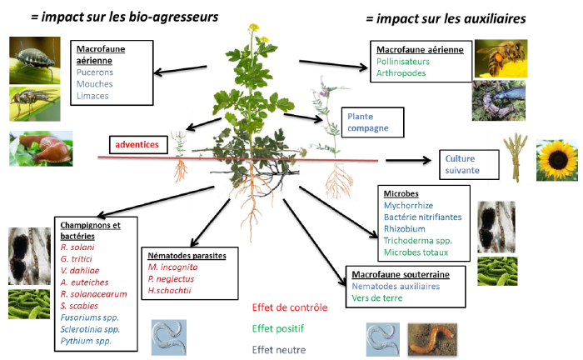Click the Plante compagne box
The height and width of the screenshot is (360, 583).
(x=371, y=122)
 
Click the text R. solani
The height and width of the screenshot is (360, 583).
(x=77, y=247)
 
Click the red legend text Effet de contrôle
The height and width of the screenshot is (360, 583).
(x=290, y=307)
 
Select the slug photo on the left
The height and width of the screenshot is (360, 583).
(x=39, y=147)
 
